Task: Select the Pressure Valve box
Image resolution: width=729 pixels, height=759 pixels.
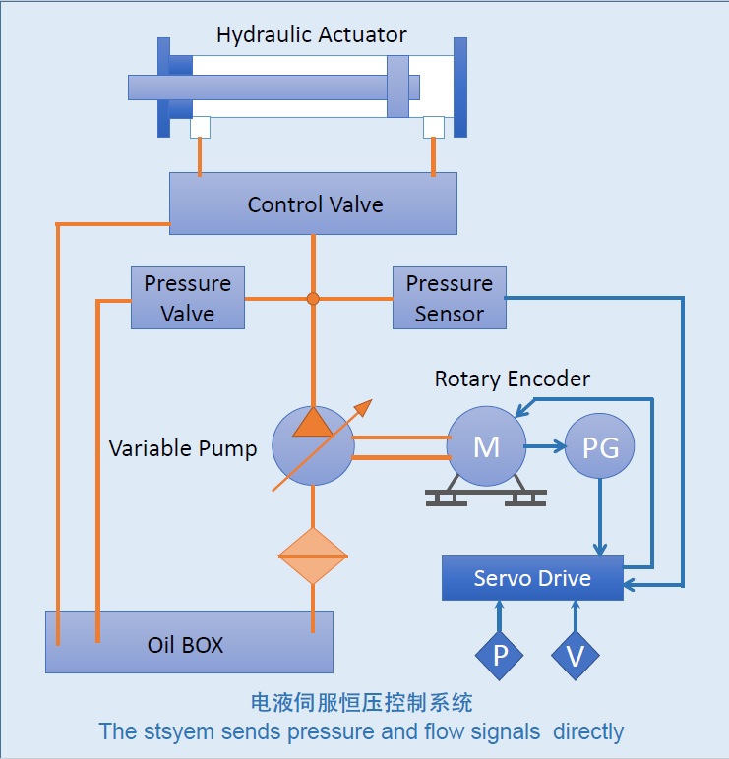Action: pyautogui.click(x=187, y=298)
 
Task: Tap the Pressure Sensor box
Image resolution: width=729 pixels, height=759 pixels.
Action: pyautogui.click(x=449, y=298)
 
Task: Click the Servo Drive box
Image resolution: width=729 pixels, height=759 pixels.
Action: pyautogui.click(x=532, y=578)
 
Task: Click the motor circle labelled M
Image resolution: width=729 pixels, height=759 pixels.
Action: pyautogui.click(x=486, y=446)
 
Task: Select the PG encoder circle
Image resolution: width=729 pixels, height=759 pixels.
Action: pyautogui.click(x=600, y=447)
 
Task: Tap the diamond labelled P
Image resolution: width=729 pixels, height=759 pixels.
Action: pyautogui.click(x=501, y=654)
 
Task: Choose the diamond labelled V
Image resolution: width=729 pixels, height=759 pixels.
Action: pyautogui.click(x=575, y=654)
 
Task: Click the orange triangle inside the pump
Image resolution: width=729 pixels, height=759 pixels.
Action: pyautogui.click(x=312, y=420)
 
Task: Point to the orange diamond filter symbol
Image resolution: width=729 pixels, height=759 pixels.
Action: pyautogui.click(x=312, y=556)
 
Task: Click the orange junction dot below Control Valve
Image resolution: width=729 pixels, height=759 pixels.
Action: pyautogui.click(x=313, y=298)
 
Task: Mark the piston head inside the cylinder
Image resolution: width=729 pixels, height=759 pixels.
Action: pyautogui.click(x=397, y=87)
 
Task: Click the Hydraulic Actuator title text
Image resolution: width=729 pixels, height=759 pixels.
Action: pyautogui.click(x=312, y=35)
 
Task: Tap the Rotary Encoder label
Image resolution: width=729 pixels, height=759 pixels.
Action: pyautogui.click(x=513, y=379)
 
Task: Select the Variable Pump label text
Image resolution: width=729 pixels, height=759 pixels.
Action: pyautogui.click(x=183, y=448)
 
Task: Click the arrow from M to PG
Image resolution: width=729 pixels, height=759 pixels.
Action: pyautogui.click(x=546, y=447)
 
